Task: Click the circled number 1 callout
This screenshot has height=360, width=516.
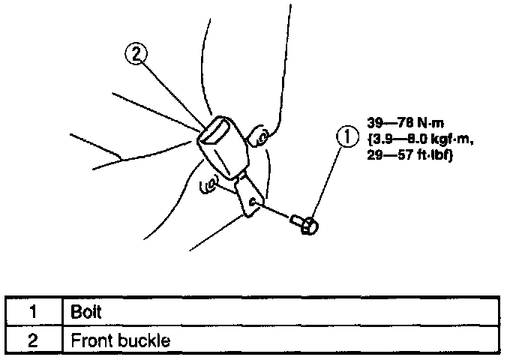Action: coord(345,138)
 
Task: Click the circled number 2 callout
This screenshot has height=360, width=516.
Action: coord(135,55)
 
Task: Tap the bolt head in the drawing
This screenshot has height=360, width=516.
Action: coord(306,223)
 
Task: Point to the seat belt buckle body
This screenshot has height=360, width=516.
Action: coord(218,147)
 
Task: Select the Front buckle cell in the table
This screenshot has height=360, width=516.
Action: coord(120,340)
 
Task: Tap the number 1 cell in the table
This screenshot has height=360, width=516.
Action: coord(34,310)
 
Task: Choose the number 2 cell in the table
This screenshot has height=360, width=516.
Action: coord(34,340)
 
